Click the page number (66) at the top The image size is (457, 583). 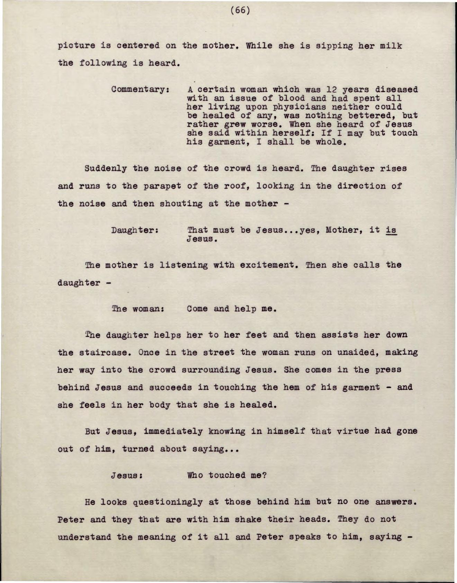click(x=240, y=10)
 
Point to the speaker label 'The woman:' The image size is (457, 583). click(x=137, y=309)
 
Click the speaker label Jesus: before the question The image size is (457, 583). click(x=127, y=475)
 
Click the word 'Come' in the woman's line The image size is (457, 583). click(x=197, y=309)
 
